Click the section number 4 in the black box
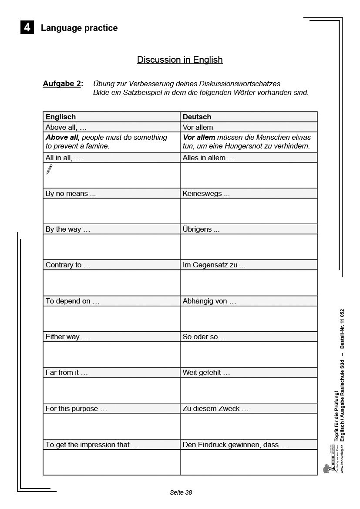tap(27, 28)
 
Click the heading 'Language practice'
tap(79, 28)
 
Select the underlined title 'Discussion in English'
tap(180, 60)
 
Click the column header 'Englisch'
tap(61, 117)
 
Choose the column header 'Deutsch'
tap(197, 117)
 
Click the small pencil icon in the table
tap(49, 169)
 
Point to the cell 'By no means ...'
tap(71, 194)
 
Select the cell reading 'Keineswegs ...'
tap(206, 194)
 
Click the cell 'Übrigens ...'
tap(201, 229)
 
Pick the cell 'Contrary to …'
tap(68, 265)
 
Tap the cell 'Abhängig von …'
tap(209, 301)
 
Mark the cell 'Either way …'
tap(67, 337)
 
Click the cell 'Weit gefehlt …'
tap(206, 373)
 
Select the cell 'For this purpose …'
tap(76, 409)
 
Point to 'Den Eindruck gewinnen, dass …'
tap(235, 445)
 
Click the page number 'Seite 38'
tap(181, 492)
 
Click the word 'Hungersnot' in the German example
tap(246, 146)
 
